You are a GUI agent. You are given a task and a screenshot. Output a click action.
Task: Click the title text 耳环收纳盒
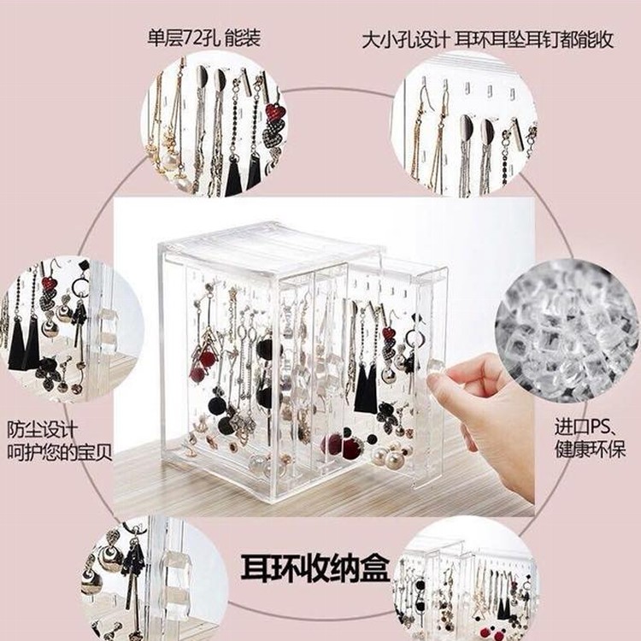click(315, 567)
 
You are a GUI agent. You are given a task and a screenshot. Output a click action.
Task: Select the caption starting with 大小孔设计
click(487, 39)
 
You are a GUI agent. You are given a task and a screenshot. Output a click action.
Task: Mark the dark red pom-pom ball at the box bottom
click(332, 444)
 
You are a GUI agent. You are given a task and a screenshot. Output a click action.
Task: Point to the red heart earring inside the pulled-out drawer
click(390, 334)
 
